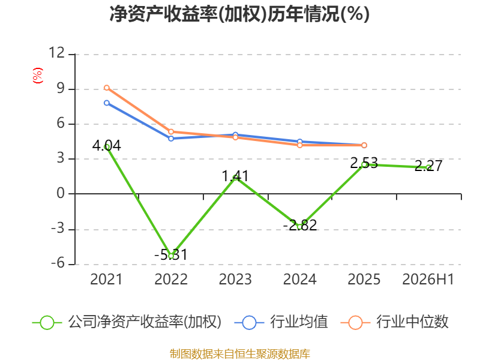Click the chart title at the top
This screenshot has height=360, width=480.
click(239, 14)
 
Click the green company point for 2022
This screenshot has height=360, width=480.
click(171, 256)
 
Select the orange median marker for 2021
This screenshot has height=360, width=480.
click(107, 88)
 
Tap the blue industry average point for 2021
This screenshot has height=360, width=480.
click(107, 103)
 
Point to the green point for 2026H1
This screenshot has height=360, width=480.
click(428, 167)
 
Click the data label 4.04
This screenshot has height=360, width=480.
click(107, 145)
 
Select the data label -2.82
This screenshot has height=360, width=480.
click(299, 226)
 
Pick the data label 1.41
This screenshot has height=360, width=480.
click(235, 176)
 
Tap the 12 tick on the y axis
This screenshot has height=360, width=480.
click(56, 53)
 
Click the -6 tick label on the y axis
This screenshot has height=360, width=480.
click(58, 263)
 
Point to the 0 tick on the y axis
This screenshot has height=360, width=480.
click(61, 193)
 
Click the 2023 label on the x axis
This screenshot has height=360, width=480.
click(235, 279)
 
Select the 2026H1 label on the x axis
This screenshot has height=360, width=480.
click(428, 279)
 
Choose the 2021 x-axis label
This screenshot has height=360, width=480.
click(106, 279)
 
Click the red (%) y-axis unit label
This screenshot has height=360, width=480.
click(38, 76)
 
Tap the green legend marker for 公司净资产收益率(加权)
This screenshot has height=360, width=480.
click(47, 323)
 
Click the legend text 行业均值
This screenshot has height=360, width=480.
click(299, 322)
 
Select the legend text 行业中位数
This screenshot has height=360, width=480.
click(412, 322)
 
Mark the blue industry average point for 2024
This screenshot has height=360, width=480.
click(299, 142)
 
